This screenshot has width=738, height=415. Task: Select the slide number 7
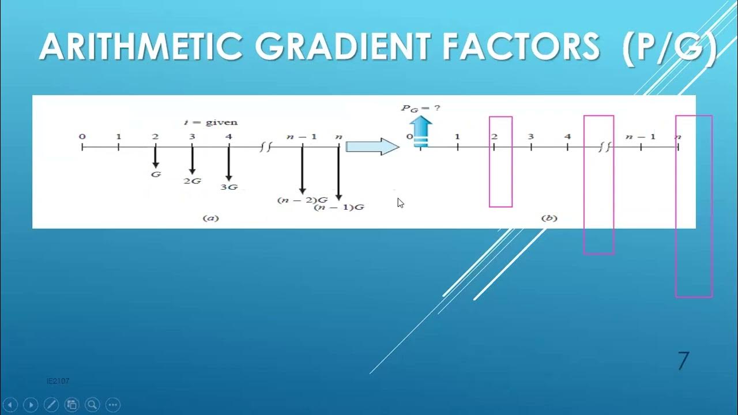point(683,361)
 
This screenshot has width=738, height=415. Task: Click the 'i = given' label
point(210,122)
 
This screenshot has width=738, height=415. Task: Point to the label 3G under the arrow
point(229,187)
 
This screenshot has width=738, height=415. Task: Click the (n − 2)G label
point(302,200)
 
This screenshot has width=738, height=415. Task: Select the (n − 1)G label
point(339,207)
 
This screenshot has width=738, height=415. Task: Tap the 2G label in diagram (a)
point(192,180)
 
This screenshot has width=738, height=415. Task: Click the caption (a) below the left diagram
point(210,218)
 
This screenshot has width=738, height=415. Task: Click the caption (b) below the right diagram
point(549,218)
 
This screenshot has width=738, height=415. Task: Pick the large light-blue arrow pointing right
point(372,147)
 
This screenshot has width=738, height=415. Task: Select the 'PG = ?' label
point(421,108)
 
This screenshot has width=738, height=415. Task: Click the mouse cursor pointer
point(400,202)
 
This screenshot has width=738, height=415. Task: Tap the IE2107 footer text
point(58,381)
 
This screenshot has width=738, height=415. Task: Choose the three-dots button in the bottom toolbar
point(113,405)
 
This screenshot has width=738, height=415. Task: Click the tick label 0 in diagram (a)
point(82,137)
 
